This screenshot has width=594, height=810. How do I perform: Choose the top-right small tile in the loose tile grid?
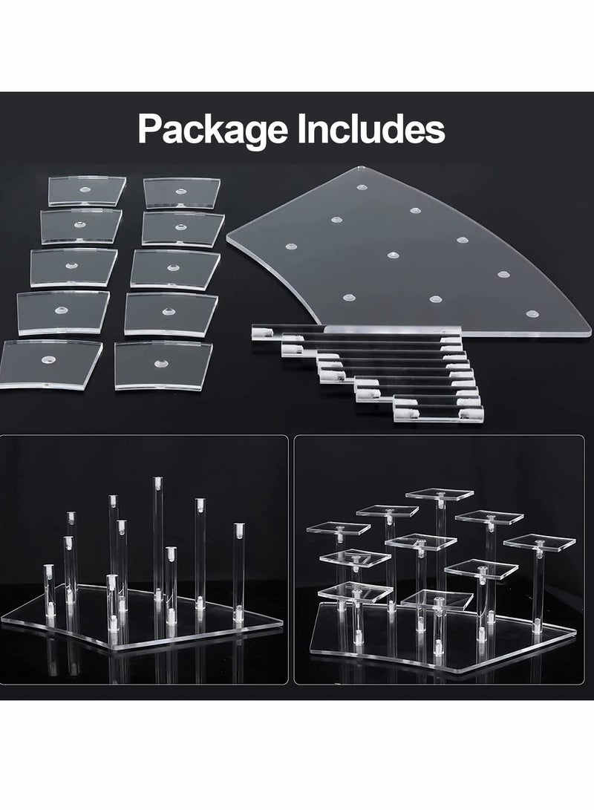coord(182,192)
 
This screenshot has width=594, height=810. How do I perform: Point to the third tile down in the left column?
coord(73,267)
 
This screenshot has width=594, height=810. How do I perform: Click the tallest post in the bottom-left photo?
coord(157,535)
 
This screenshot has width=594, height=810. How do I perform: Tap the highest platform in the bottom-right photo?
coord(440,494)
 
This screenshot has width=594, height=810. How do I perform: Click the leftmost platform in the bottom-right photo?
coord(338,528)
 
